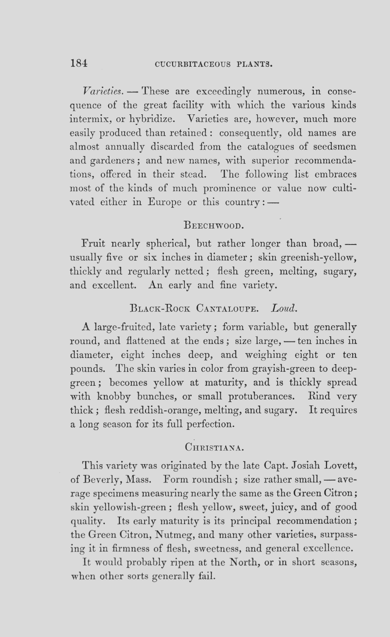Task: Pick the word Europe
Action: click(164, 202)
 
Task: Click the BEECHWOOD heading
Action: click(213, 225)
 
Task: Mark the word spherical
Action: click(167, 244)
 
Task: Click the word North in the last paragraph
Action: click(245, 562)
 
